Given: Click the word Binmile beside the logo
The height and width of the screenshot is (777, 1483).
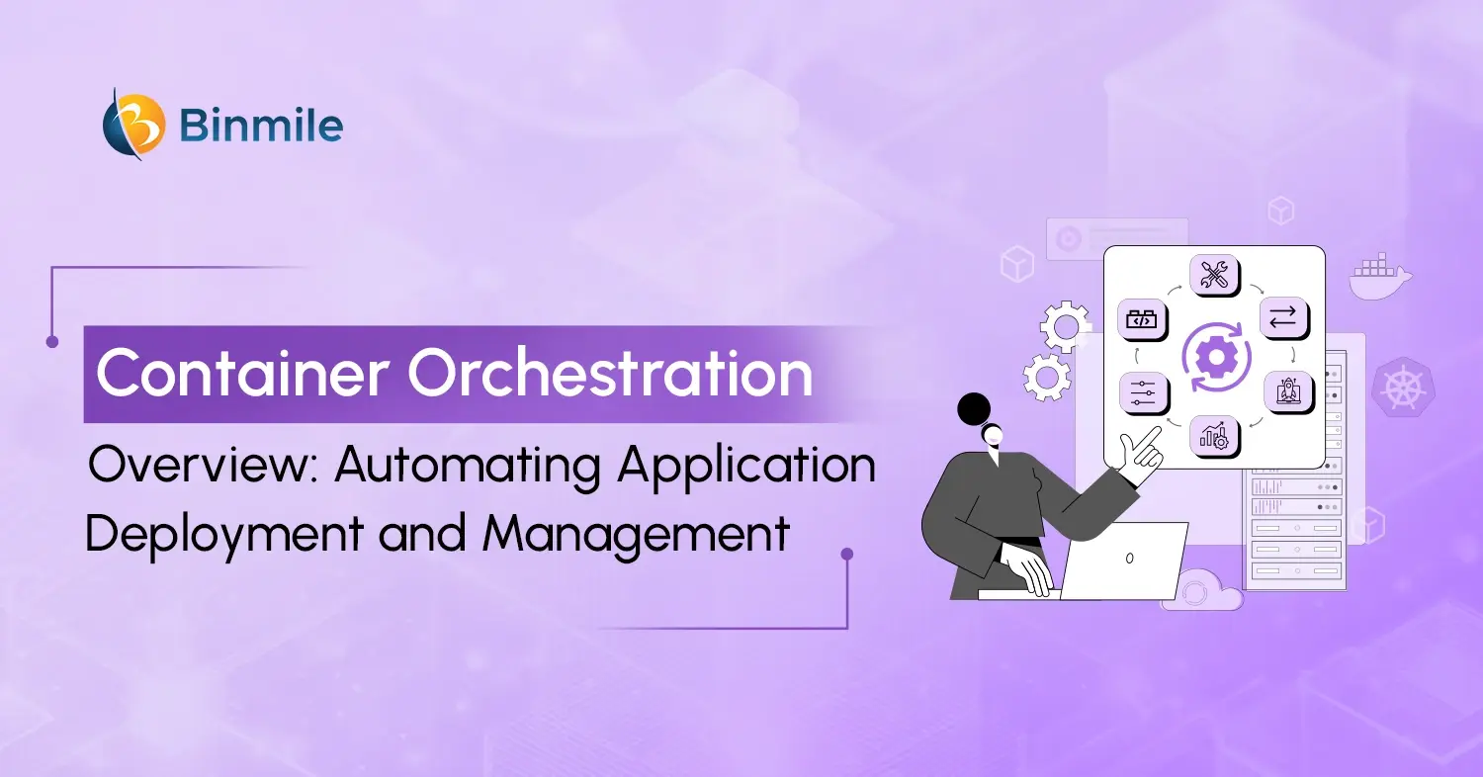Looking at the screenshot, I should pos(262,127).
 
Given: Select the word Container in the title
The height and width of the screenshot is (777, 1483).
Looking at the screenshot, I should pos(242,374).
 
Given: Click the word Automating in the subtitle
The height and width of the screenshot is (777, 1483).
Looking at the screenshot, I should pos(467,466).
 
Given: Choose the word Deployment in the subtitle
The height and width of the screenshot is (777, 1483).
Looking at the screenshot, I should pos(223,535).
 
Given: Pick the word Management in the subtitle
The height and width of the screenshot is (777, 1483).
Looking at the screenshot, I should pos(637,535).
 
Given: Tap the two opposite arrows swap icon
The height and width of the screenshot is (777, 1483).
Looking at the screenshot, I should pos(1282,317).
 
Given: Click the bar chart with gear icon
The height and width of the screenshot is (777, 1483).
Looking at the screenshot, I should pos(1214,436).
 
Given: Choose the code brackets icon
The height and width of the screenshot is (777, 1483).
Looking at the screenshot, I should pos(1143,319).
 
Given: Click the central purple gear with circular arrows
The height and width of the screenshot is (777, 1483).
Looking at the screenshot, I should pos(1216,355).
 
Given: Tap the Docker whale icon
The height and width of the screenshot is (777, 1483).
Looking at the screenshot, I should pos(1380,276).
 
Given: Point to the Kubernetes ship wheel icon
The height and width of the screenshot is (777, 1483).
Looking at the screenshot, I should pos(1400,385).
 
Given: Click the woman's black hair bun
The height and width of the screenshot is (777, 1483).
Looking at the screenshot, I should pos(974,407).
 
